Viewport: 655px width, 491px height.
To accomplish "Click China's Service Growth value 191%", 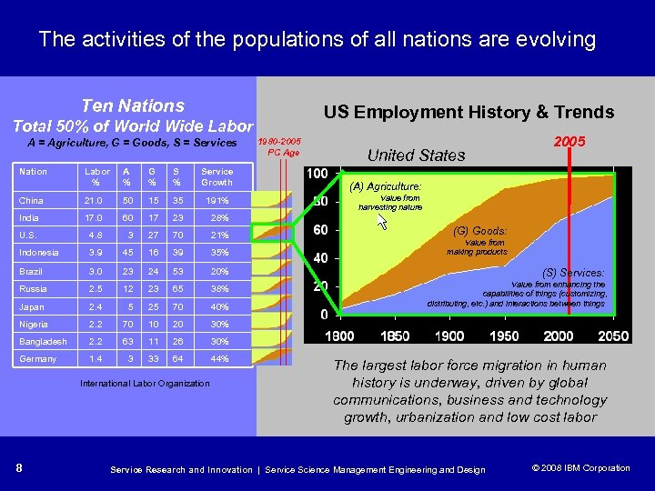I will pyautogui.click(x=217, y=200).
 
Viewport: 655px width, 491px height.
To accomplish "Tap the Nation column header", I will pyautogui.click(x=34, y=171).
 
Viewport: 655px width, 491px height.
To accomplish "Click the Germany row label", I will pyautogui.click(x=39, y=359).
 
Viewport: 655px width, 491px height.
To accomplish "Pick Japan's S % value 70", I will pyautogui.click(x=178, y=306).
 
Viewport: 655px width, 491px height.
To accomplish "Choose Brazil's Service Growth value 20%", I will pyautogui.click(x=218, y=271).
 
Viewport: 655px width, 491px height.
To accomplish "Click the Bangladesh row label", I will pyautogui.click(x=43, y=342).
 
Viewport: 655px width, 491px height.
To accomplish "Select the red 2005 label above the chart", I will pyautogui.click(x=569, y=142).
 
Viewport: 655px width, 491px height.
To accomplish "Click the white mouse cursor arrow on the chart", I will pyautogui.click(x=382, y=221).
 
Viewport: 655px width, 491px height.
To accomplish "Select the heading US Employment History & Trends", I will pyautogui.click(x=469, y=112).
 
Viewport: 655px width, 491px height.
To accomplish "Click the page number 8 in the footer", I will pyautogui.click(x=19, y=468).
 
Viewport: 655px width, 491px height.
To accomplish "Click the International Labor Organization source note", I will pyautogui.click(x=145, y=384).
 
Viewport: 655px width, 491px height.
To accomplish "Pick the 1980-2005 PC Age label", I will pyautogui.click(x=279, y=147).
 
